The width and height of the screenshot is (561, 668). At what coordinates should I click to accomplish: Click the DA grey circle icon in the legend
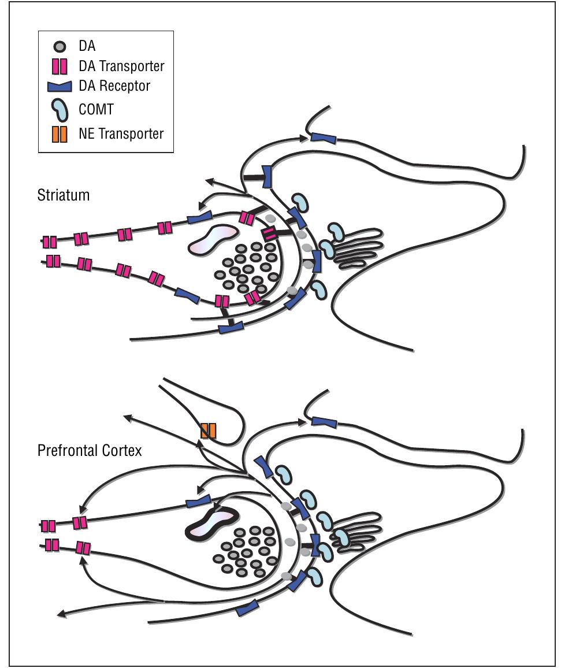pyautogui.click(x=60, y=46)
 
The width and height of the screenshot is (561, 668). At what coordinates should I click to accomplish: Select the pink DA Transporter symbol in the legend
pyautogui.click(x=60, y=66)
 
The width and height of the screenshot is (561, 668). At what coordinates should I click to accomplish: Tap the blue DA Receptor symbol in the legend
pyautogui.click(x=59, y=87)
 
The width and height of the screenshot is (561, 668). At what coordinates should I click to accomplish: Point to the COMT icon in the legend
pyautogui.click(x=59, y=109)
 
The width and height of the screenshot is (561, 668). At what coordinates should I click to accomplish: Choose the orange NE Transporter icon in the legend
pyautogui.click(x=60, y=133)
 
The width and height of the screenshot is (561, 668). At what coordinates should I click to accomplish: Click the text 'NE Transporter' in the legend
pyautogui.click(x=121, y=133)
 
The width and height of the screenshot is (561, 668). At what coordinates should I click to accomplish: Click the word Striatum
pyautogui.click(x=64, y=195)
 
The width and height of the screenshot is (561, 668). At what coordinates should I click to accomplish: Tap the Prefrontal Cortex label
pyautogui.click(x=90, y=450)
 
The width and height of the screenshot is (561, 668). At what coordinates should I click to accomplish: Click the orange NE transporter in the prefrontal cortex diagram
pyautogui.click(x=209, y=431)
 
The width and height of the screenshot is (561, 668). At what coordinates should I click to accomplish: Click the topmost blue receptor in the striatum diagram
pyautogui.click(x=324, y=138)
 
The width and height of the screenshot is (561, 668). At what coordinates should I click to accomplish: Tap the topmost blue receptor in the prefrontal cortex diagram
pyautogui.click(x=324, y=422)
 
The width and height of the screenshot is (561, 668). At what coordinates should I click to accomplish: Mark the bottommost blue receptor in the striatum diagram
pyautogui.click(x=231, y=328)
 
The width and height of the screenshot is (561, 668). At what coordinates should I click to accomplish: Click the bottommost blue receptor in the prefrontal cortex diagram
pyautogui.click(x=247, y=607)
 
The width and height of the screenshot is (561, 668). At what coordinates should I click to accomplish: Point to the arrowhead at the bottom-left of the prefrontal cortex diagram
pyautogui.click(x=61, y=614)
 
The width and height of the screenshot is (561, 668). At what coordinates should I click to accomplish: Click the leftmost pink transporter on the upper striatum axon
pyautogui.click(x=50, y=242)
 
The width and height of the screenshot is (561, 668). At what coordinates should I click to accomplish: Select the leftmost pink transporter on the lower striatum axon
pyautogui.click(x=53, y=261)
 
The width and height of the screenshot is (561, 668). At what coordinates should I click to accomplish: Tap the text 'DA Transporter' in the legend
pyautogui.click(x=121, y=66)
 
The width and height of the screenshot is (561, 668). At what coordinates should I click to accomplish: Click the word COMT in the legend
pyautogui.click(x=96, y=109)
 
